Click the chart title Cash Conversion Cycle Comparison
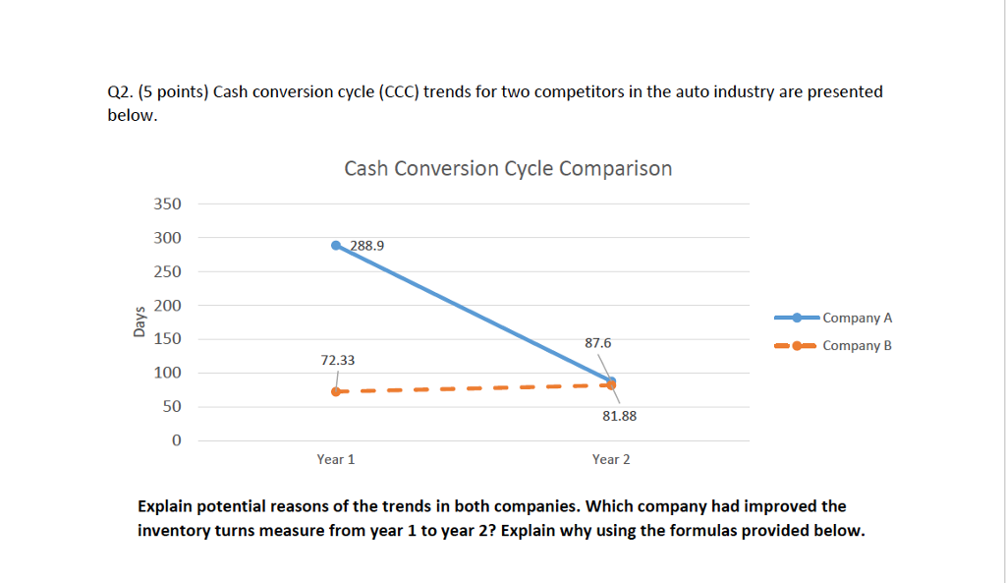pyautogui.click(x=508, y=168)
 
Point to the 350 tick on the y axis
pyautogui.click(x=167, y=204)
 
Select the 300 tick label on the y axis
pyautogui.click(x=167, y=238)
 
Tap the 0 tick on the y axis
pyautogui.click(x=176, y=440)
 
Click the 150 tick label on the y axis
pyautogui.click(x=167, y=339)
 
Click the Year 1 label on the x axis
pyautogui.click(x=336, y=459)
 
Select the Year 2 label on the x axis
pyautogui.click(x=611, y=459)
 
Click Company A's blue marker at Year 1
pyautogui.click(x=336, y=245)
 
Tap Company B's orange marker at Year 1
pyautogui.click(x=336, y=391)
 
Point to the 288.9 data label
pyautogui.click(x=365, y=247)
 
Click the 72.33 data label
pyautogui.click(x=337, y=361)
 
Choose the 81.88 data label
pyautogui.click(x=618, y=416)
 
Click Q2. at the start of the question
pyautogui.click(x=119, y=91)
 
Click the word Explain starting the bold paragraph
pyautogui.click(x=166, y=506)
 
